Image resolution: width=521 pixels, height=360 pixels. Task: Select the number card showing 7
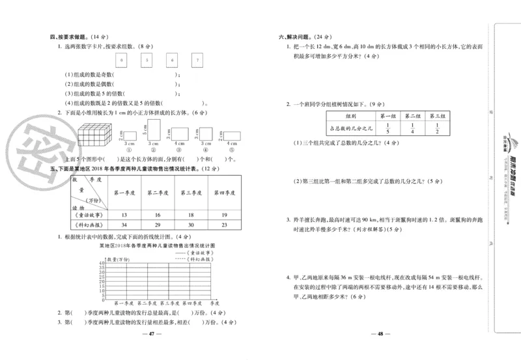click(196, 62)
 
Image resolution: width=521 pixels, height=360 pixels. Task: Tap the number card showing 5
click(147, 62)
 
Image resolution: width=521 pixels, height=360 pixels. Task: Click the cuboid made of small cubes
click(97, 137)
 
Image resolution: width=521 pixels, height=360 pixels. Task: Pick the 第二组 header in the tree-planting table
click(412, 115)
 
